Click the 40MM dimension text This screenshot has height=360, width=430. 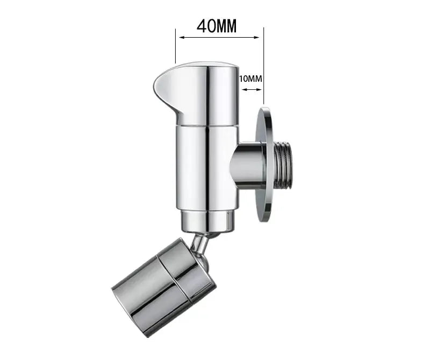click(x=217, y=26)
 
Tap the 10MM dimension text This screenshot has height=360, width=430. click(x=250, y=79)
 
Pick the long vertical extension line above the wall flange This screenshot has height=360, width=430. click(x=263, y=65)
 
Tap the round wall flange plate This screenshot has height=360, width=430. click(x=263, y=161)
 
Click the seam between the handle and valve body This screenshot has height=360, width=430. click(x=207, y=125)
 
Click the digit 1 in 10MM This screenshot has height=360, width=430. click(x=241, y=79)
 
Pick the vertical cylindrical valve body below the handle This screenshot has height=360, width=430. click(x=207, y=167)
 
